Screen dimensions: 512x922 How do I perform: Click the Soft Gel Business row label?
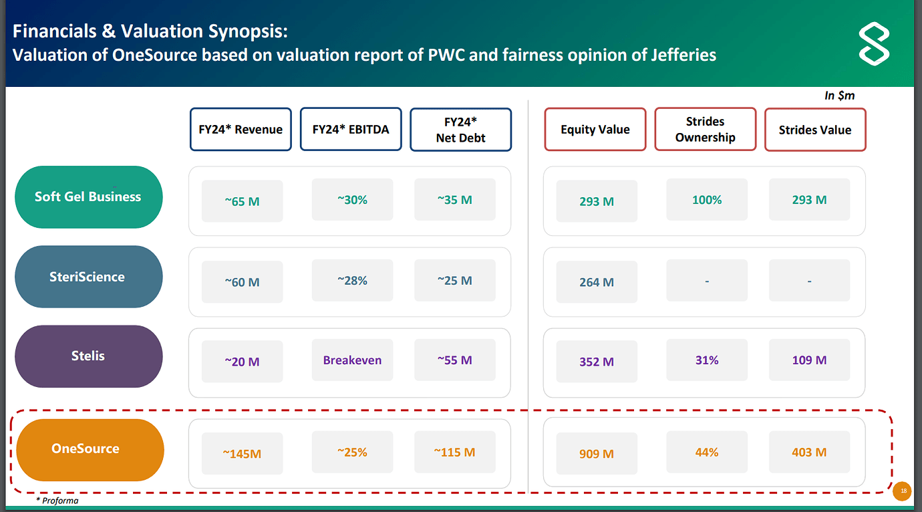(88, 197)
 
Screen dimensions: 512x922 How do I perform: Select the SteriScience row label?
(88, 277)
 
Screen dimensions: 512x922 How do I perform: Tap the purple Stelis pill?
(88, 356)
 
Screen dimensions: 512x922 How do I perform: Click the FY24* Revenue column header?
(241, 130)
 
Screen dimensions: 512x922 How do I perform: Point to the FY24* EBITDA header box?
(351, 130)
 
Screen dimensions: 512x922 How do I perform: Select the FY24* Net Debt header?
(460, 130)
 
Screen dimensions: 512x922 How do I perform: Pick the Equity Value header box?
(595, 130)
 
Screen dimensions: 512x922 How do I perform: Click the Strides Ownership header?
(705, 130)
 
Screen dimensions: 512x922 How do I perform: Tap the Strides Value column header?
(815, 130)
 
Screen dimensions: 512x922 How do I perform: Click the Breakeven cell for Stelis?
(352, 360)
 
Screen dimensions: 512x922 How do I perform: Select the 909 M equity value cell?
(597, 454)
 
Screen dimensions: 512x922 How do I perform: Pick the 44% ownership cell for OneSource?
(707, 453)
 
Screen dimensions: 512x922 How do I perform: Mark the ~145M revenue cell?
(242, 454)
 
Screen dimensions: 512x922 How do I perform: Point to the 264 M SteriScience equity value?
(597, 282)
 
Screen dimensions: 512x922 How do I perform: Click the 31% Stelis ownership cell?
(707, 360)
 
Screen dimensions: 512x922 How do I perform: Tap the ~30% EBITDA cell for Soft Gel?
(352, 200)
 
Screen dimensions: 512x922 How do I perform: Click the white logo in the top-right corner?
(874, 45)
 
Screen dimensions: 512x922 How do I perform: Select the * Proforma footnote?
(57, 500)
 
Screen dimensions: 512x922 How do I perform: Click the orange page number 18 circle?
(903, 491)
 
